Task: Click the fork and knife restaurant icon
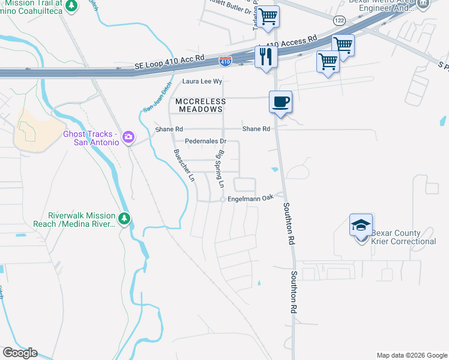pyautogui.click(x=265, y=56)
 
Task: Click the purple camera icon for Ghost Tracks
pyautogui.click(x=128, y=138)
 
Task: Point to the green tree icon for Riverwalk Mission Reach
pyautogui.click(x=124, y=219)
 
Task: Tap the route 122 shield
pyautogui.click(x=340, y=20)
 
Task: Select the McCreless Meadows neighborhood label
pyautogui.click(x=200, y=106)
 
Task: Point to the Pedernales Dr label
pyautogui.click(x=205, y=142)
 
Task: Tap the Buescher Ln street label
pyautogui.click(x=184, y=166)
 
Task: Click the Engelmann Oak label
pyautogui.click(x=250, y=197)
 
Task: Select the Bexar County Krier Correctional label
pyautogui.click(x=403, y=237)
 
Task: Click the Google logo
pyautogui.click(x=20, y=353)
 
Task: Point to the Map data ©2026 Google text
pyautogui.click(x=411, y=355)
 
